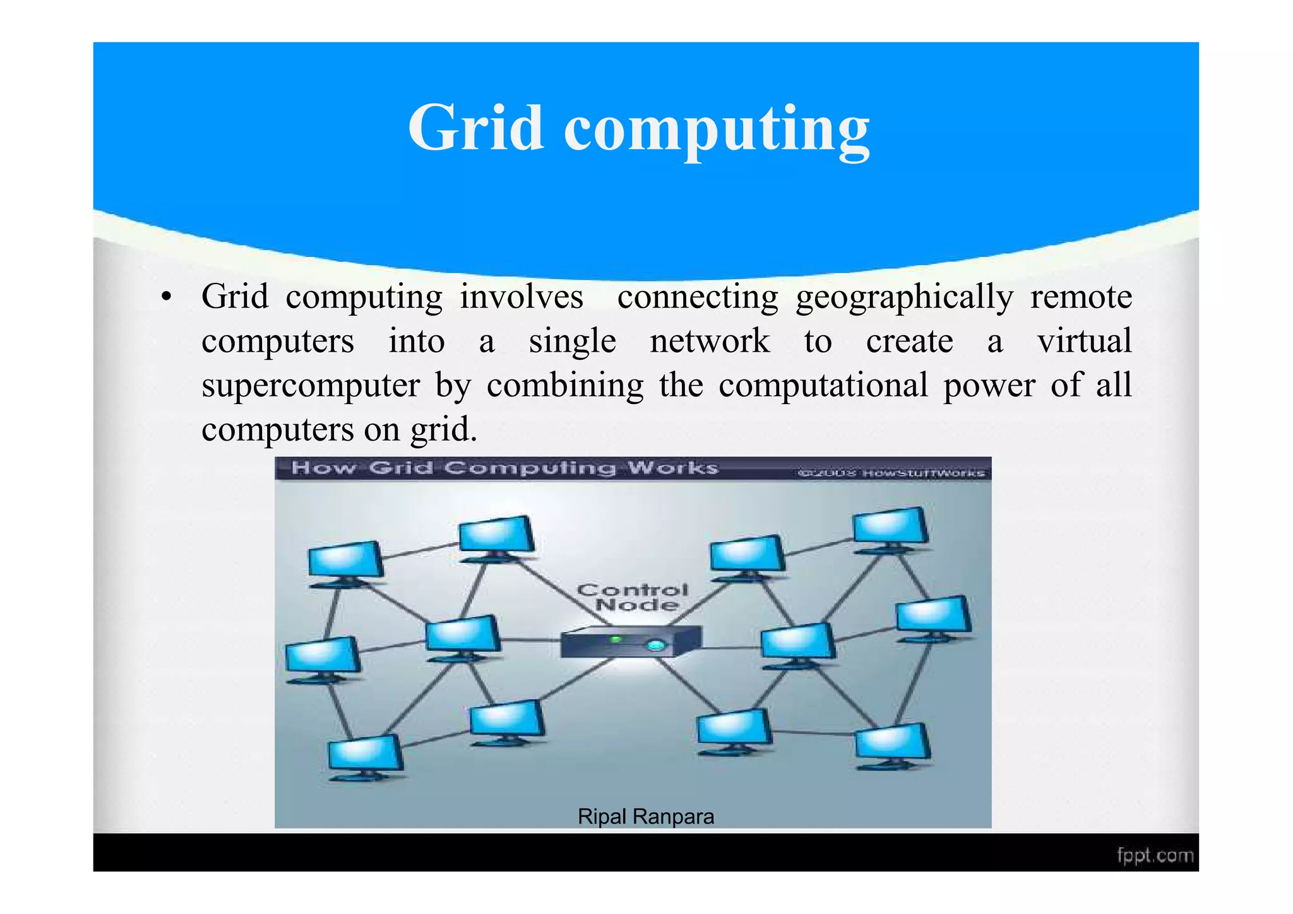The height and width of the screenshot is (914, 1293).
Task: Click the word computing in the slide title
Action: click(717, 131)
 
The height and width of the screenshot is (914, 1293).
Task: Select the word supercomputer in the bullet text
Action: click(310, 386)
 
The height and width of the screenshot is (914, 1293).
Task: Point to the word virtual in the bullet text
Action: click(1084, 341)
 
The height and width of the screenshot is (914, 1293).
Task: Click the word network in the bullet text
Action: click(710, 341)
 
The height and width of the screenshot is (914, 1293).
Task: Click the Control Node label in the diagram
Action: click(633, 597)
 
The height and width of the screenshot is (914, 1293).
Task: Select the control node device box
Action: click(630, 641)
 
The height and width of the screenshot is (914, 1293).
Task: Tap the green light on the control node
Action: click(616, 640)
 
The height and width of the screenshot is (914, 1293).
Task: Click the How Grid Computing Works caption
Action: click(504, 468)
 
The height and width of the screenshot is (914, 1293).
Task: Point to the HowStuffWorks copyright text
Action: click(891, 473)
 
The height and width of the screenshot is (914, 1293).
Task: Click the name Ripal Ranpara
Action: click(645, 817)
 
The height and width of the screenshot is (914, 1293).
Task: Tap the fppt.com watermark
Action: click(1155, 856)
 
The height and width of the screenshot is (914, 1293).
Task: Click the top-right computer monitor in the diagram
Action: click(890, 527)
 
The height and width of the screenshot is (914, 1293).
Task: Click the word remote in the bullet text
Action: click(1081, 297)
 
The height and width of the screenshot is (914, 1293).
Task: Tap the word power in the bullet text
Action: click(989, 386)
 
